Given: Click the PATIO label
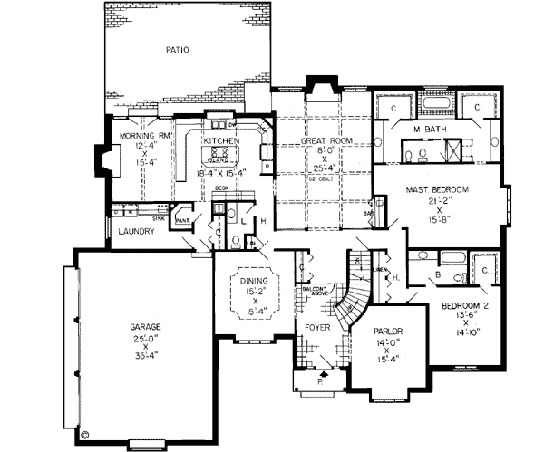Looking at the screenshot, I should pos(178,50).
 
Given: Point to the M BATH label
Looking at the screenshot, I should pos(428,130).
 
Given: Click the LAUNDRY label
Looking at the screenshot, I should pos(136,232).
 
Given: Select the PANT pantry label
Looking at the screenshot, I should pos(181,219).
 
